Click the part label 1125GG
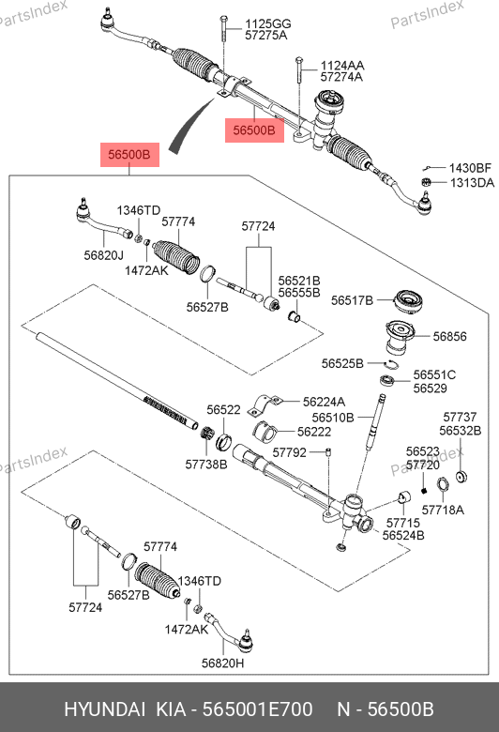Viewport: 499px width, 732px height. pyautogui.click(x=268, y=23)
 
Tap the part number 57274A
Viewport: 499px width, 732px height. pyautogui.click(x=341, y=77)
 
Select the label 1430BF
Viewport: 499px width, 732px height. pyautogui.click(x=470, y=168)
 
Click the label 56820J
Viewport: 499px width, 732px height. pyautogui.click(x=103, y=255)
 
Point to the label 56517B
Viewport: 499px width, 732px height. pyautogui.click(x=352, y=300)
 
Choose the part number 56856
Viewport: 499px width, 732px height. pyautogui.click(x=449, y=337)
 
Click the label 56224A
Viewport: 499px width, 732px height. pyautogui.click(x=324, y=402)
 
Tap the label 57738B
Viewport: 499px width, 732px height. pyautogui.click(x=206, y=465)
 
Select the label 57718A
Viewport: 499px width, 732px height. pyautogui.click(x=443, y=510)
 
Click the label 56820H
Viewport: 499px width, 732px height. pyautogui.click(x=222, y=663)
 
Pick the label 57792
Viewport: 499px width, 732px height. pyautogui.click(x=290, y=452)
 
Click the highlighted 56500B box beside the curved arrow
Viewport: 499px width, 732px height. pyautogui.click(x=129, y=155)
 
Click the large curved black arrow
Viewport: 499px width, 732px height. pyautogui.click(x=189, y=125)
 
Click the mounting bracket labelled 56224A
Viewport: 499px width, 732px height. pyautogui.click(x=265, y=404)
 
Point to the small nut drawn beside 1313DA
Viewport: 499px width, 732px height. pyautogui.click(x=425, y=182)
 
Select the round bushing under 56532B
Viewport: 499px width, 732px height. pyautogui.click(x=461, y=477)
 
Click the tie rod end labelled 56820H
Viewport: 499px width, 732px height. pyautogui.click(x=232, y=634)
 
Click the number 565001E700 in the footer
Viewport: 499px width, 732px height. pyautogui.click(x=257, y=709)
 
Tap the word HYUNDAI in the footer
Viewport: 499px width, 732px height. pyautogui.click(x=104, y=709)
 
